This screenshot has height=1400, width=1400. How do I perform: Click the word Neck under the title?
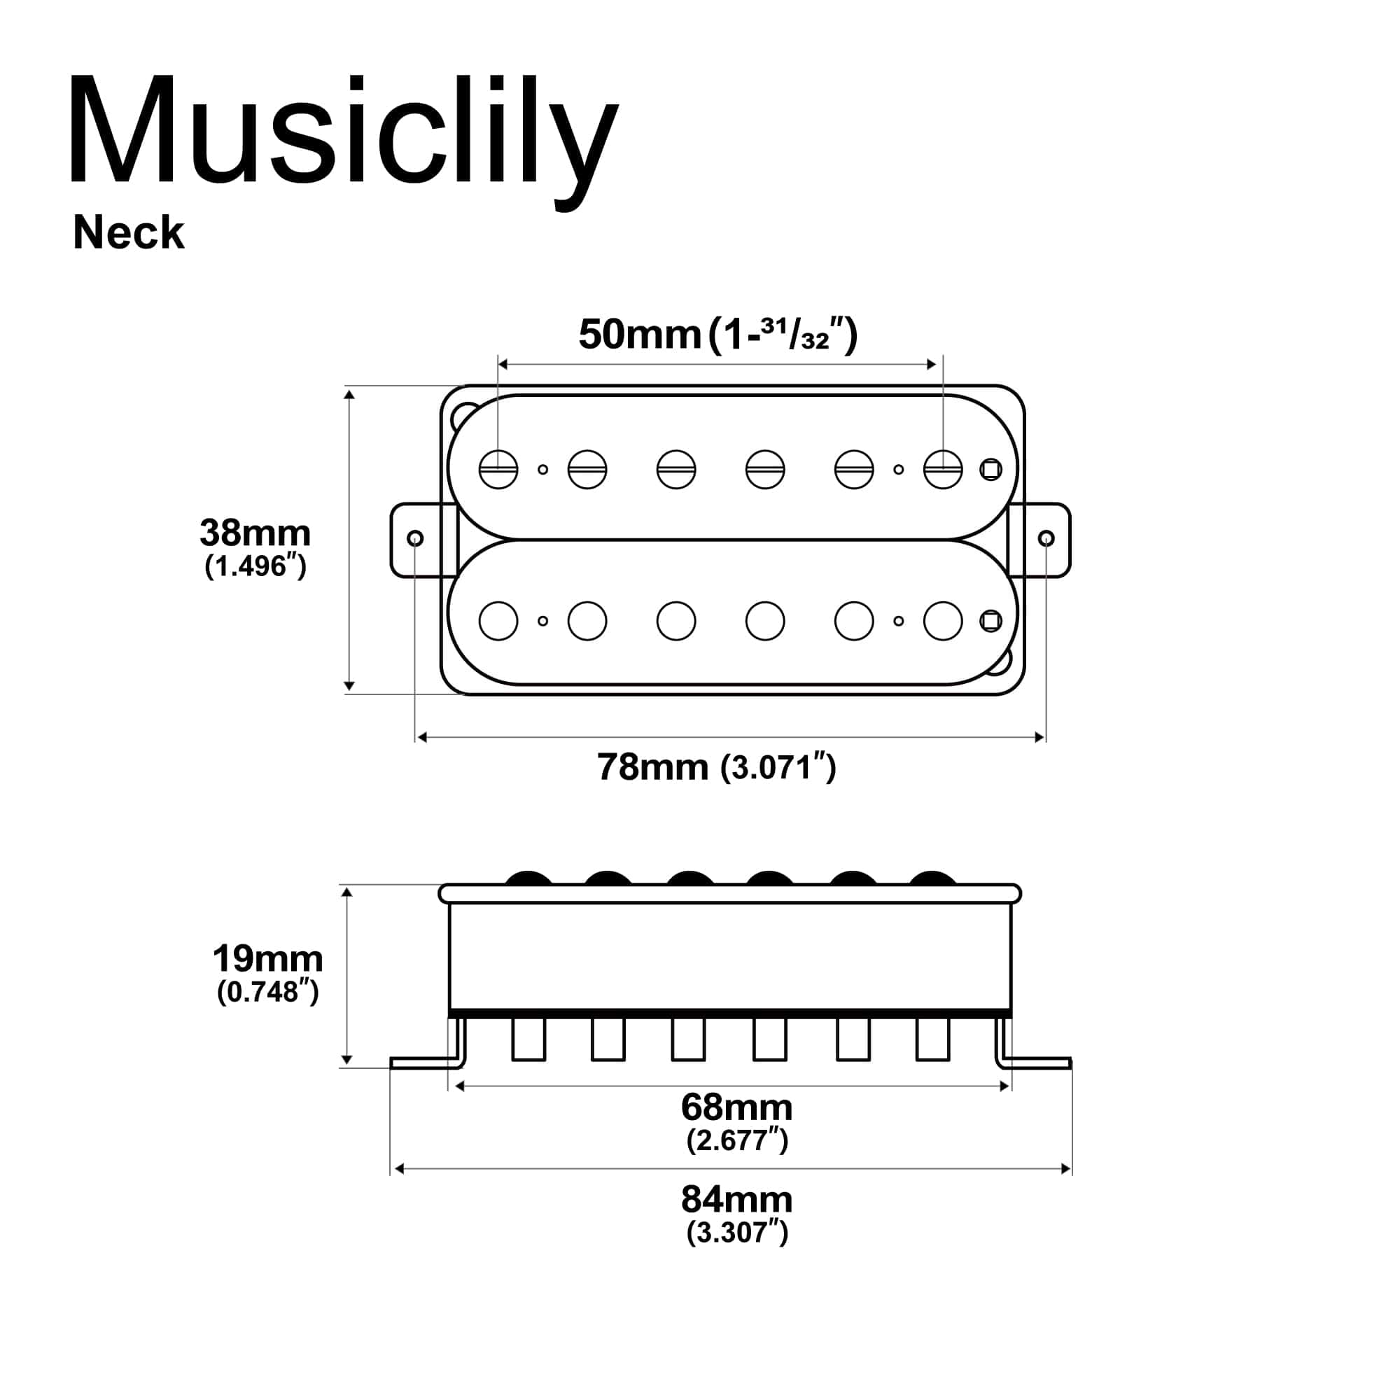[x=128, y=233]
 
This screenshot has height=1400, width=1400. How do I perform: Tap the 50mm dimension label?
[x=639, y=335]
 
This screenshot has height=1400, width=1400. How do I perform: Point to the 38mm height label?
[x=255, y=533]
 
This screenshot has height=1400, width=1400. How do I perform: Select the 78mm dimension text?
[x=652, y=766]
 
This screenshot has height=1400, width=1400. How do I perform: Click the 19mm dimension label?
[x=267, y=959]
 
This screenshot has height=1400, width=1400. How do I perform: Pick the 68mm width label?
[x=736, y=1107]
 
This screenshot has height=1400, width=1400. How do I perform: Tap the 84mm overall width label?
[x=736, y=1199]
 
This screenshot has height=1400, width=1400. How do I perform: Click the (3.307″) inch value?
[x=736, y=1233]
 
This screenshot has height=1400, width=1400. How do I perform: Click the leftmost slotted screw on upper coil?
[x=498, y=469]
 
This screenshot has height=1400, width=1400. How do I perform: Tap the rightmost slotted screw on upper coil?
[x=943, y=469]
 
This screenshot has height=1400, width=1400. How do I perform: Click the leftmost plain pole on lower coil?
[x=498, y=621]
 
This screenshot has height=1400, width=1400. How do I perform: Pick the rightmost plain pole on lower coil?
[x=943, y=621]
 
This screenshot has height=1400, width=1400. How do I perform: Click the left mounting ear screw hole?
[x=415, y=538]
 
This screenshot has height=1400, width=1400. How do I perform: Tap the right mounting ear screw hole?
[x=1046, y=538]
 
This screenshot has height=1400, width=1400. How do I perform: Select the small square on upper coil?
[x=990, y=470]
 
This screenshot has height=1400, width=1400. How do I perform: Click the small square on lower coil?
[x=990, y=621]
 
